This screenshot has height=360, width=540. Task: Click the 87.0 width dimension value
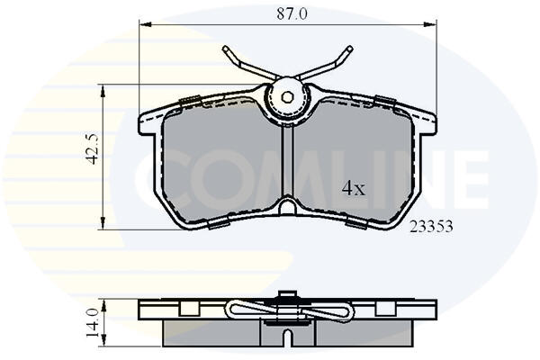(x=292, y=14)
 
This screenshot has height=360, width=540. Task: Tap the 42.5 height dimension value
(x=93, y=148)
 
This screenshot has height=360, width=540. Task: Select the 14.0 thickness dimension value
(x=93, y=323)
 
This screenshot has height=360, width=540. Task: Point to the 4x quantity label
(x=353, y=188)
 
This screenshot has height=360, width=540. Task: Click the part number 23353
(x=431, y=226)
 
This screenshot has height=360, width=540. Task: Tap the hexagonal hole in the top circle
(x=287, y=97)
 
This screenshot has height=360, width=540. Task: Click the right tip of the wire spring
(x=350, y=49)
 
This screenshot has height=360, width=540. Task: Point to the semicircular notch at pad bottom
(x=287, y=208)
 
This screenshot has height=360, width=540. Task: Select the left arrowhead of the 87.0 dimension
(x=145, y=24)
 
